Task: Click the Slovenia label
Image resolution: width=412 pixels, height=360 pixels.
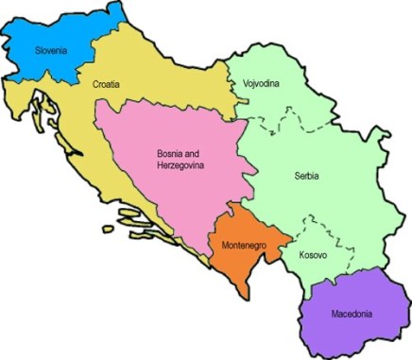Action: click(x=52, y=49)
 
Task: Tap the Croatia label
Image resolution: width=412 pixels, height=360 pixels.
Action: click(x=107, y=84)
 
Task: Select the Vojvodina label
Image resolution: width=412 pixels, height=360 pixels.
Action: click(x=261, y=83)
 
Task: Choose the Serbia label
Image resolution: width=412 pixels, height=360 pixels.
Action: click(x=306, y=177)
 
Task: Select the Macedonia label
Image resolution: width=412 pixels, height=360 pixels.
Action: click(x=346, y=314)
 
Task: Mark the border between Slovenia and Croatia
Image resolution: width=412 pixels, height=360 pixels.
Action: click(x=71, y=74)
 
